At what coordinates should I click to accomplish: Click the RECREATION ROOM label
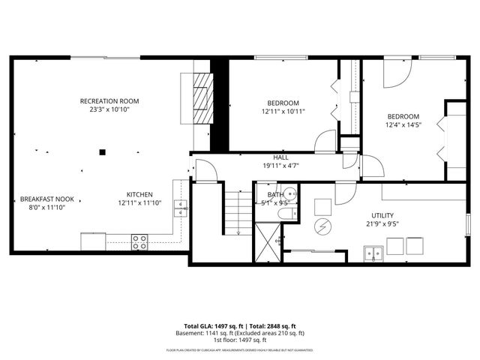[x=109, y=101]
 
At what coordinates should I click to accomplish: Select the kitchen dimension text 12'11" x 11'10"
[x=139, y=203]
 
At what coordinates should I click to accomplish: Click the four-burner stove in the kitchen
[x=139, y=241]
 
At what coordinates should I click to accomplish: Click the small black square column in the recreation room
[x=103, y=151]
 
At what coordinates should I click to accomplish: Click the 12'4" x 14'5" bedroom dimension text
[x=403, y=125]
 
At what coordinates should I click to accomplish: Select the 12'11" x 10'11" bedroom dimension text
[x=283, y=112]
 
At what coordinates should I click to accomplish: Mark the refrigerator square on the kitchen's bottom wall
[x=93, y=241]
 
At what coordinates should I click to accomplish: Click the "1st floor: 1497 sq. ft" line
[x=240, y=340]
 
